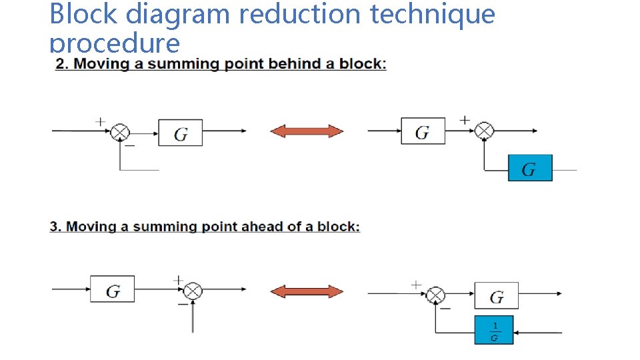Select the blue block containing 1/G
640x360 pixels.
click(x=494, y=329)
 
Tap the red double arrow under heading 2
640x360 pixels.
click(x=307, y=131)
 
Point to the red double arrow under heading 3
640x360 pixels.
click(x=307, y=291)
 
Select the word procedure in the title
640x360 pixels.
click(x=115, y=44)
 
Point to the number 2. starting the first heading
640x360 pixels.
click(x=62, y=65)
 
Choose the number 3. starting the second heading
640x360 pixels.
click(x=56, y=227)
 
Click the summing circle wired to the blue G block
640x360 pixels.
click(x=485, y=131)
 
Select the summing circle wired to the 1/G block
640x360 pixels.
click(x=436, y=293)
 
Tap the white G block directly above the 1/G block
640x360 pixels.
click(x=496, y=295)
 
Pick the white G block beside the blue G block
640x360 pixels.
click(x=423, y=131)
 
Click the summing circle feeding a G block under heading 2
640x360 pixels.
click(x=120, y=132)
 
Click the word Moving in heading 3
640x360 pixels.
click(x=91, y=227)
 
